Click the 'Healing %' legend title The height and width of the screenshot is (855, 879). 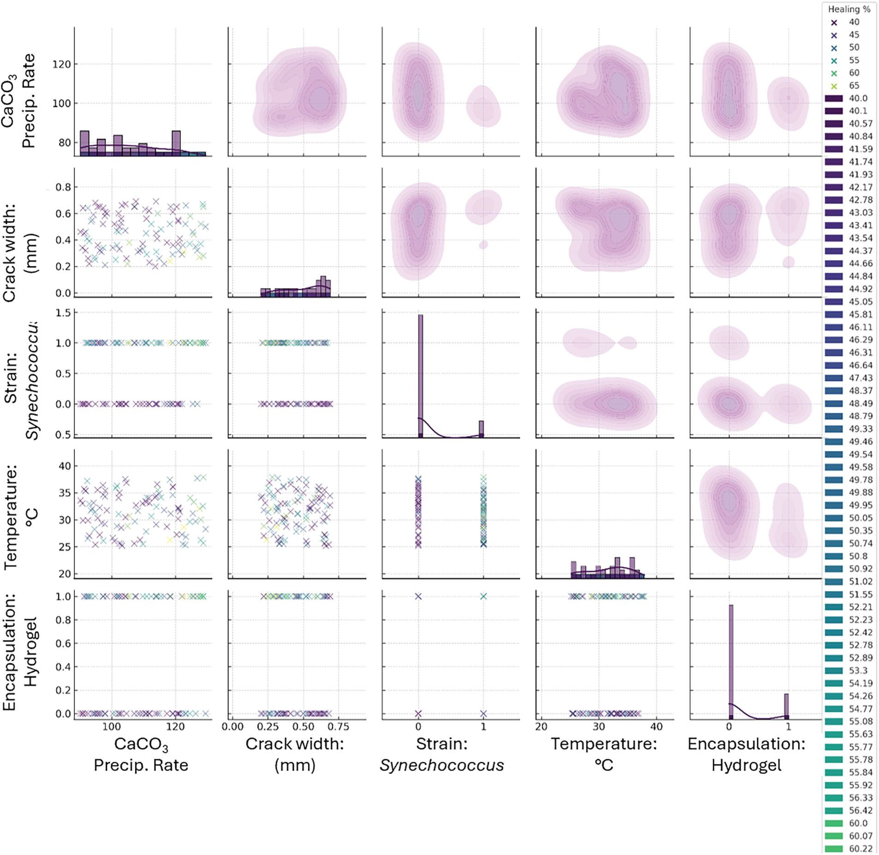click(849, 9)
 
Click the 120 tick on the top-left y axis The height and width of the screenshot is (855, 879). click(61, 64)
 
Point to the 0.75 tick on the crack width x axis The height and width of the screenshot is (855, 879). click(339, 727)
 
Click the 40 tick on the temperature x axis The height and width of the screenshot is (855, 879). click(656, 727)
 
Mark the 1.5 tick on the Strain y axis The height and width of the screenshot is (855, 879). click(63, 313)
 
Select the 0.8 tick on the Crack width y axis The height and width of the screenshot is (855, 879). click(63, 187)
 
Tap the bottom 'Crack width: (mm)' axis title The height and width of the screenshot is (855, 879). click(295, 754)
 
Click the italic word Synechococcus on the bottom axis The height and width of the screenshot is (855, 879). click(441, 765)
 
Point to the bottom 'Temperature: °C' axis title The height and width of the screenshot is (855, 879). click(604, 754)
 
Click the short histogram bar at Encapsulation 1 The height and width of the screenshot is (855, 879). click(786, 706)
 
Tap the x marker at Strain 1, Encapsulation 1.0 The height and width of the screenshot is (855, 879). click(483, 596)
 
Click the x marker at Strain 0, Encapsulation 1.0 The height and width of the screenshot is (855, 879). click(418, 596)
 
